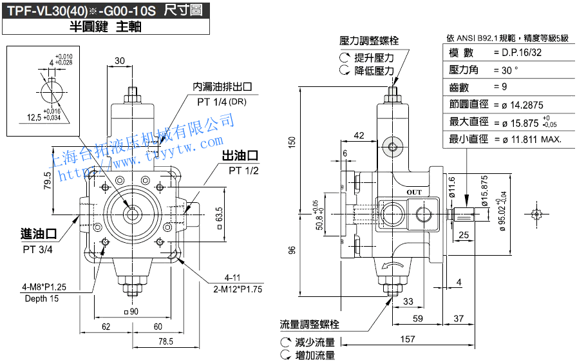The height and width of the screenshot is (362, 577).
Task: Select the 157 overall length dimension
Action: click(407, 338)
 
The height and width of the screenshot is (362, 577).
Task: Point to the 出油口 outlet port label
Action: click(240, 156)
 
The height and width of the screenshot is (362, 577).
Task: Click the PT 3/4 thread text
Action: click(38, 249)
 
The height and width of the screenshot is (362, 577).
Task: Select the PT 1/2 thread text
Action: click(243, 171)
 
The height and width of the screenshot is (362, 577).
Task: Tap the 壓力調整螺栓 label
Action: click(369, 41)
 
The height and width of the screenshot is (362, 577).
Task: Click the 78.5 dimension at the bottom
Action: click(166, 341)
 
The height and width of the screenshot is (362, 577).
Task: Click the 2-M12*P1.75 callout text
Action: click(238, 289)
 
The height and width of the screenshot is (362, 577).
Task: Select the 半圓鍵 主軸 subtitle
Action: click(105, 27)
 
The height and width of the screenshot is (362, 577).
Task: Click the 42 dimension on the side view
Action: click(359, 135)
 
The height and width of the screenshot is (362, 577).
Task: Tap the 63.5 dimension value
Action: click(220, 214)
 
